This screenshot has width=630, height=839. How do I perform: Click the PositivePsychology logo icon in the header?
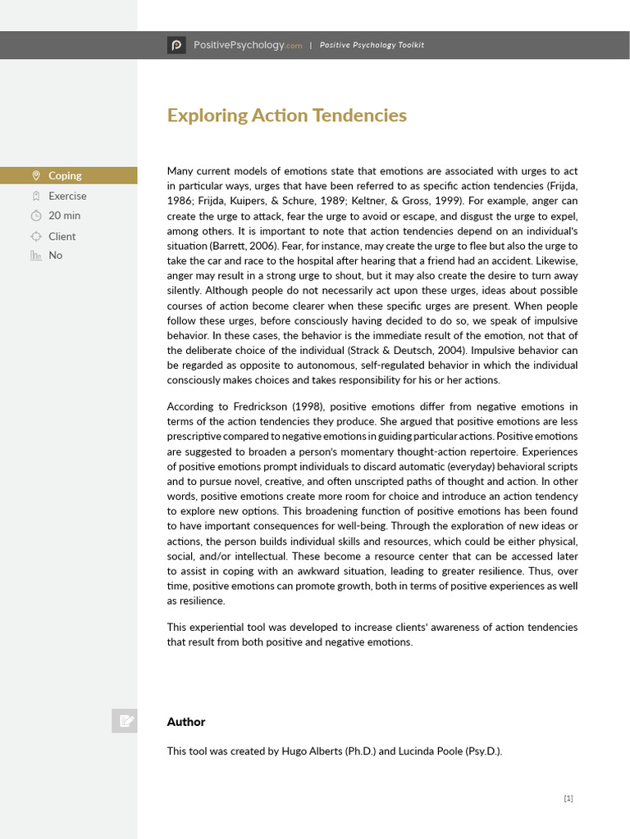click(176, 45)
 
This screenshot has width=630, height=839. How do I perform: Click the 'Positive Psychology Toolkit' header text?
click(372, 45)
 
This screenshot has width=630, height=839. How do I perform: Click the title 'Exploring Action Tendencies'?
click(286, 116)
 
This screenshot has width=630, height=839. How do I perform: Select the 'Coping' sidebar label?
click(65, 175)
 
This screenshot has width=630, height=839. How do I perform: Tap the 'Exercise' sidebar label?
click(67, 196)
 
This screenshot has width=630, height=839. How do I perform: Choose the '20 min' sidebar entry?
click(65, 215)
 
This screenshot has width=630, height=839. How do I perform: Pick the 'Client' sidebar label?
click(62, 236)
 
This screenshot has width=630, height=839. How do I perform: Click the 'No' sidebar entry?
click(55, 255)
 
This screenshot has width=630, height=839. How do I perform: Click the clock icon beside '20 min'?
click(35, 215)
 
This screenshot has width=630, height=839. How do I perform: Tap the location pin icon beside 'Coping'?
click(35, 175)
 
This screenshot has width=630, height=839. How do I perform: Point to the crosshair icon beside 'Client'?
click(35, 236)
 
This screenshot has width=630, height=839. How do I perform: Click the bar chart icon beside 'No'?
click(35, 255)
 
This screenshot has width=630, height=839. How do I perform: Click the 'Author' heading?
click(186, 722)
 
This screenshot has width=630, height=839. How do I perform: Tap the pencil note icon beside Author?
click(126, 721)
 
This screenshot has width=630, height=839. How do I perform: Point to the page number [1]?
click(568, 799)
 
